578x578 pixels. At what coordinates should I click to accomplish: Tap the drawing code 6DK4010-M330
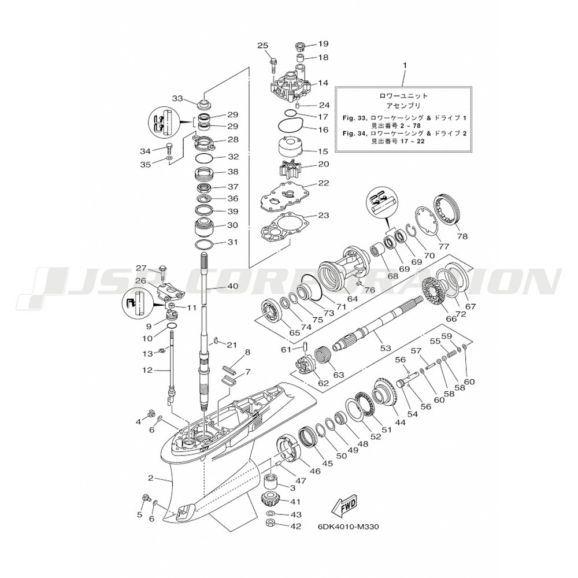[x=348, y=527]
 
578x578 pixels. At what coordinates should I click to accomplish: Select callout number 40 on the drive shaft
[x=243, y=286]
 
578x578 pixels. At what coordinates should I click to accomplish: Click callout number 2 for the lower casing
[x=150, y=478]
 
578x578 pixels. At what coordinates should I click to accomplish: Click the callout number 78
[x=462, y=236]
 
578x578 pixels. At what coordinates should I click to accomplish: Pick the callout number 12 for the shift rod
[x=147, y=370]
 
